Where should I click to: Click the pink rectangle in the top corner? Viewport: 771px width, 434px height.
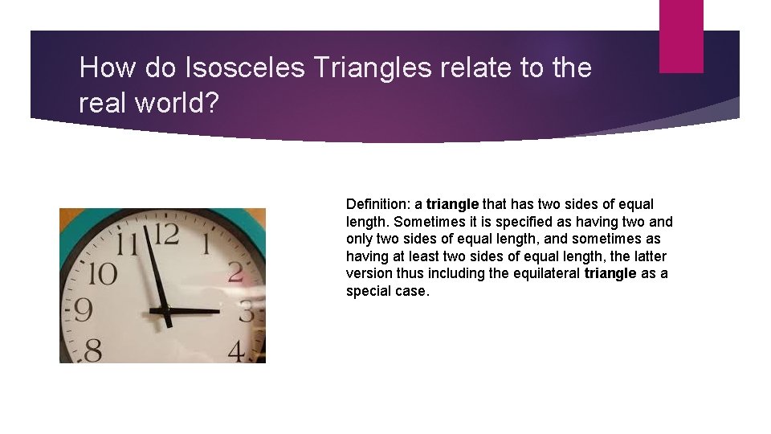click(681, 36)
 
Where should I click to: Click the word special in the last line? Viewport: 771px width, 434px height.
click(367, 291)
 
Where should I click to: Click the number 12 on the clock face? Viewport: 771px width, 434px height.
click(165, 235)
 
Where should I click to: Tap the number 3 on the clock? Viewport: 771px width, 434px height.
click(248, 311)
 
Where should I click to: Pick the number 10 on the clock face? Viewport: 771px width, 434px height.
click(103, 273)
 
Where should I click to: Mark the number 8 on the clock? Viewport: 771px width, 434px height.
click(92, 350)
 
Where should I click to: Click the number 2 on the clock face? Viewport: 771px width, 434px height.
click(236, 271)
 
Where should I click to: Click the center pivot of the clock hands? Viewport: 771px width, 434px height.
click(169, 309)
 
